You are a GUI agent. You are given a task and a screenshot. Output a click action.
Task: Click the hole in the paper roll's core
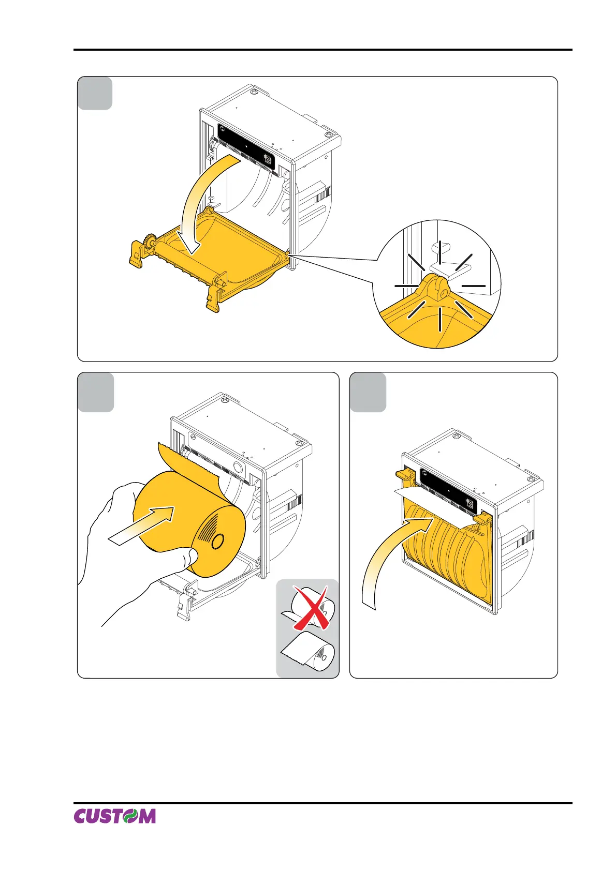218,542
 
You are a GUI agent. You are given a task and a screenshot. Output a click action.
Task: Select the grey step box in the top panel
95,93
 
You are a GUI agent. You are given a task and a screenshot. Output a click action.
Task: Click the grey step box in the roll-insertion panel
96,392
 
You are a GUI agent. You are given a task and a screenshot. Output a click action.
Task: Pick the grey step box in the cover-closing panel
368,392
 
